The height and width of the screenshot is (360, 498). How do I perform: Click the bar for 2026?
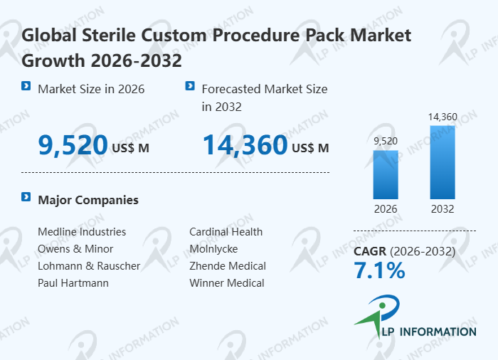click(386, 174)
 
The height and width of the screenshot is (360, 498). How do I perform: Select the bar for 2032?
click(442, 162)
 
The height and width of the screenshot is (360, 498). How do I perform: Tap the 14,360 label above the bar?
click(442, 116)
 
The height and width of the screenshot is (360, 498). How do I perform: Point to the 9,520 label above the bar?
click(386, 140)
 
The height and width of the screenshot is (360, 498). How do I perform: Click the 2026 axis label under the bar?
click(386, 209)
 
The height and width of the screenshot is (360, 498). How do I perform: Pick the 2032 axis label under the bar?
click(442, 209)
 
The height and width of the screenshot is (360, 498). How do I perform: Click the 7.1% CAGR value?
click(379, 270)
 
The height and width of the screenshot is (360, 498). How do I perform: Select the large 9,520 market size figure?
click(73, 145)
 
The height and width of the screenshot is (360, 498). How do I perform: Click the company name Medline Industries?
click(82, 232)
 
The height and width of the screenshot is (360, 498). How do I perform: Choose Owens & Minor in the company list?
click(75, 249)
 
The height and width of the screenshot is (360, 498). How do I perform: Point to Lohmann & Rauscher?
click(89, 266)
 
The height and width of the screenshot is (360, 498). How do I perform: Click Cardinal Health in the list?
click(226, 232)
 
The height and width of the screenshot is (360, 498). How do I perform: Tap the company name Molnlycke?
click(213, 249)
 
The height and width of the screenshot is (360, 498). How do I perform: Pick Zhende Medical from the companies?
click(228, 266)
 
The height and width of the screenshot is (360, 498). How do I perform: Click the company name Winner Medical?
click(227, 283)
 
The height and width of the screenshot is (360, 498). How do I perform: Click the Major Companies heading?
click(88, 200)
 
